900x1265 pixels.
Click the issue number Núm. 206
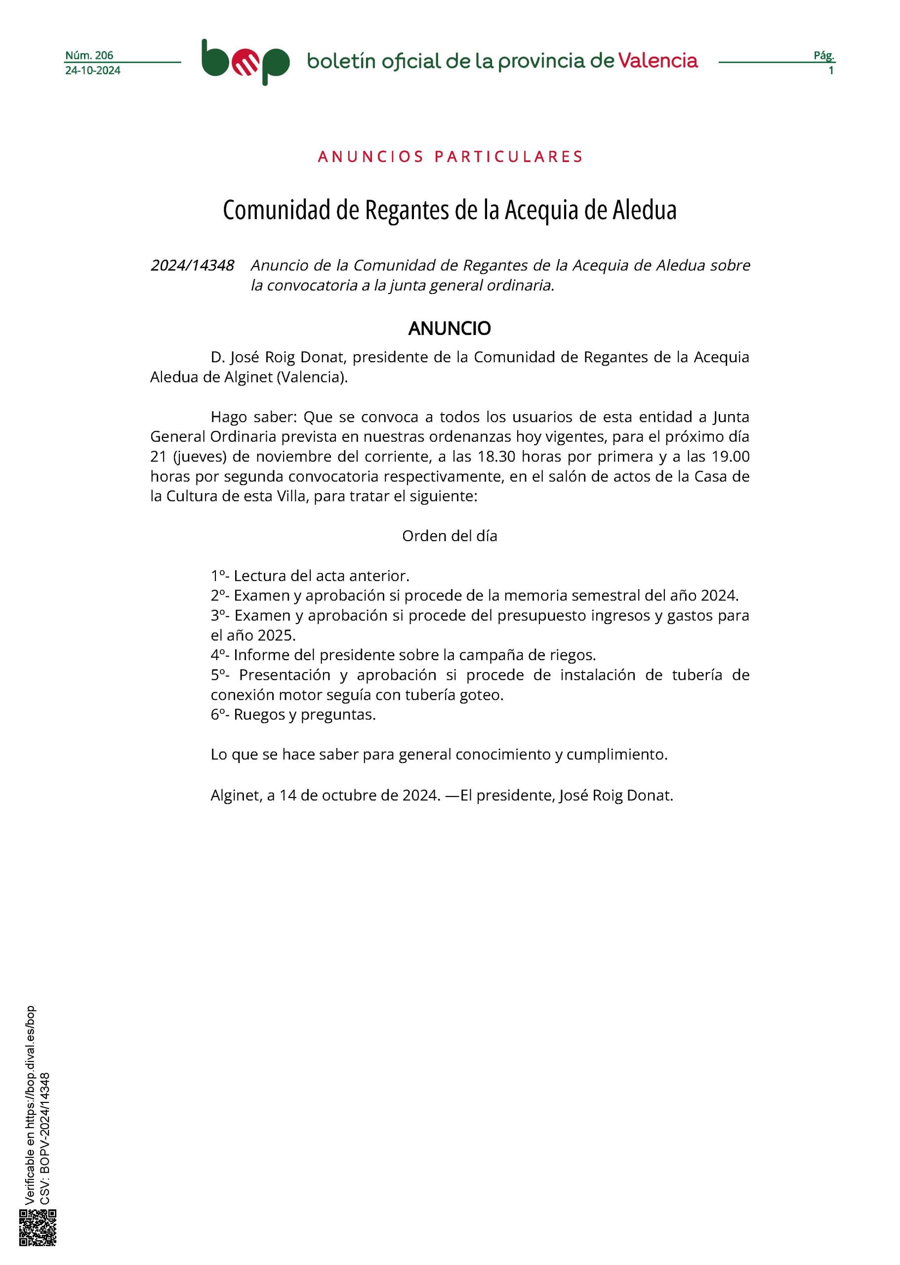(89, 55)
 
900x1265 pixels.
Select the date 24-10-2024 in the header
(92, 70)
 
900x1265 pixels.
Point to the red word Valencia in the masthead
(658, 60)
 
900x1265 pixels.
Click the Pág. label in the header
(823, 55)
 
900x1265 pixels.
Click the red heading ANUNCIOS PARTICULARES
(450, 157)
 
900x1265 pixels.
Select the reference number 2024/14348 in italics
(192, 265)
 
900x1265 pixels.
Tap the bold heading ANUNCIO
(450, 329)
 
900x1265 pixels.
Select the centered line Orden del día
(450, 536)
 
